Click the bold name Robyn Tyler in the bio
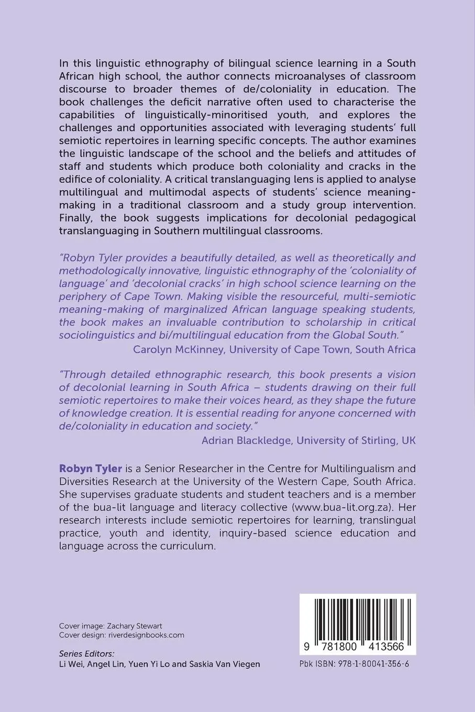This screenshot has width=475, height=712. coord(91,468)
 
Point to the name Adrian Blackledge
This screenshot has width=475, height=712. coord(247,440)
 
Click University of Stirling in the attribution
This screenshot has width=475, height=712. coord(346,440)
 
